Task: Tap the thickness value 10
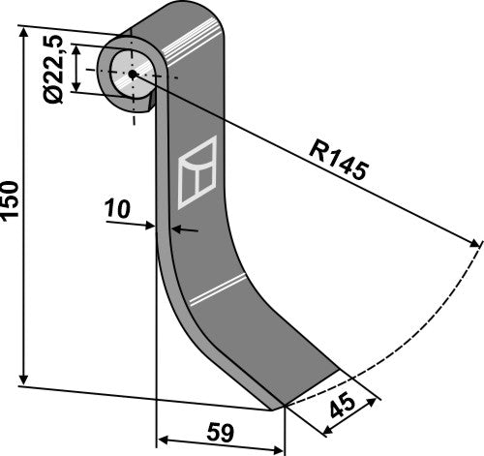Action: coord(117,207)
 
